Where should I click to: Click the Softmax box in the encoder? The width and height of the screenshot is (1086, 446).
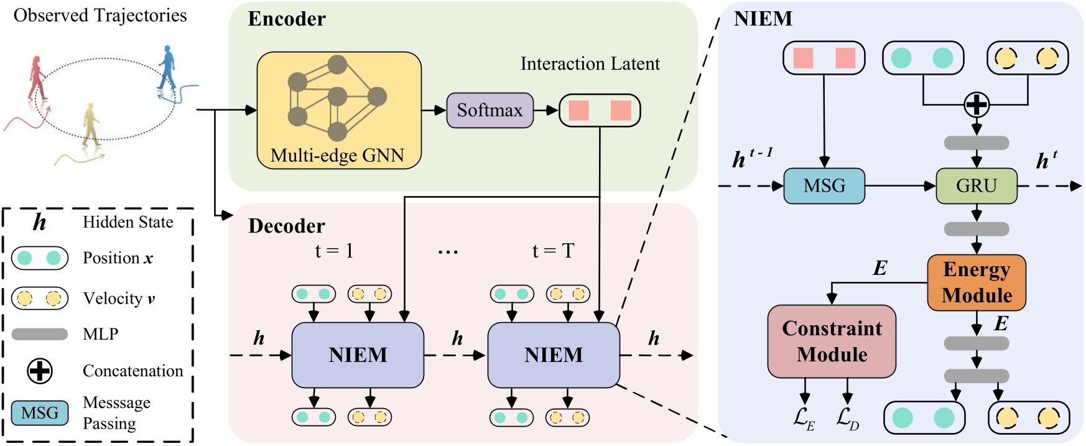(x=490, y=111)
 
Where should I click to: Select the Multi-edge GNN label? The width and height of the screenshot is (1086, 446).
(x=337, y=156)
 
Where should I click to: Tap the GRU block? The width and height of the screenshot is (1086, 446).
(x=976, y=186)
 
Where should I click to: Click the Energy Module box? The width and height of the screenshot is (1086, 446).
(x=976, y=282)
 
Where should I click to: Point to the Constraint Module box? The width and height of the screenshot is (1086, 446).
(x=832, y=341)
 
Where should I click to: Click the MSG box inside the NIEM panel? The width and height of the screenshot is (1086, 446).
(x=824, y=186)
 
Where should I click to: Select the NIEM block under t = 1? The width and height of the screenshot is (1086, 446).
(x=358, y=355)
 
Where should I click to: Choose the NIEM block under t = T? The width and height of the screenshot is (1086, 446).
(x=553, y=355)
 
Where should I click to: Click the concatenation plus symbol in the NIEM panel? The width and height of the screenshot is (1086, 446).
(x=976, y=105)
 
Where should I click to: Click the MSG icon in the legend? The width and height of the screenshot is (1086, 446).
(x=40, y=413)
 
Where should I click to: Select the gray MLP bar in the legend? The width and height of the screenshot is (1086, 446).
(x=40, y=334)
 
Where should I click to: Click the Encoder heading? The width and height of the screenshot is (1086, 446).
(x=287, y=19)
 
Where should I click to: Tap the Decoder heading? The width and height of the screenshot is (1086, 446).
(x=287, y=226)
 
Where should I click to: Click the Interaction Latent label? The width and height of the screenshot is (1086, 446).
(x=590, y=64)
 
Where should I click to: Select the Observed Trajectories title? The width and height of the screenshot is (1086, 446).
(x=100, y=16)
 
